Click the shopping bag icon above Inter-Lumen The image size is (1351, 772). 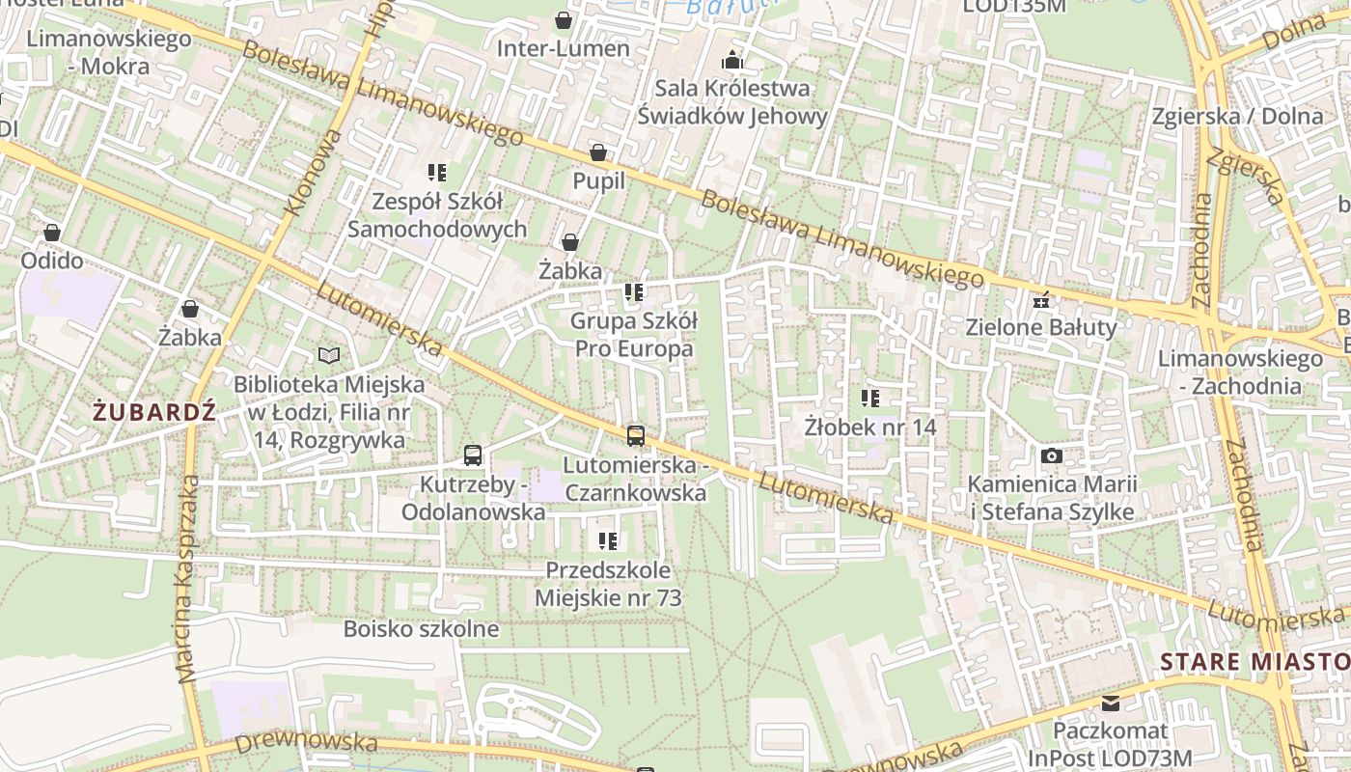click(564, 20)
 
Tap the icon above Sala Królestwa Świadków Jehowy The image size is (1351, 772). click(732, 61)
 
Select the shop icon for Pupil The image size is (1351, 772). click(598, 153)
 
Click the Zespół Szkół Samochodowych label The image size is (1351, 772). click(437, 215)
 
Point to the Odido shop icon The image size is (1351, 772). click(52, 234)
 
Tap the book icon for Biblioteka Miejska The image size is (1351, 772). click(329, 356)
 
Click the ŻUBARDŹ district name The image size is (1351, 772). click(154, 412)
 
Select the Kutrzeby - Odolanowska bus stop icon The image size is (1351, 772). click(473, 455)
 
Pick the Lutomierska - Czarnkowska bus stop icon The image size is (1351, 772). click(635, 436)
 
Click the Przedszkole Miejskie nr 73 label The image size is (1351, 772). click(608, 584)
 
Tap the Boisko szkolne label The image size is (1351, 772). click(422, 630)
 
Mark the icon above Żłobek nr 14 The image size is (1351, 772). click(870, 398)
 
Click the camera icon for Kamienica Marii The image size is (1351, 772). click(1052, 455)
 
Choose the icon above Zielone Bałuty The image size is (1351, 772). click(1040, 300)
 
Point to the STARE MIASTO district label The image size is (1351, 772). click(1254, 662)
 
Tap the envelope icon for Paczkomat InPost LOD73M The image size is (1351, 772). click(1110, 703)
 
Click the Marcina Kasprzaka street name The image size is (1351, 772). click(186, 579)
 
